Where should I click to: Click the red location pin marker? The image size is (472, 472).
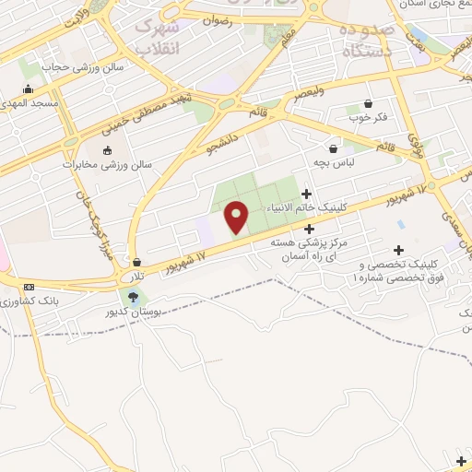(237, 216)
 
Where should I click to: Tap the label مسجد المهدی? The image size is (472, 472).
(30, 103)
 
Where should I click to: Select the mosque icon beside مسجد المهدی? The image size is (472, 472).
(29, 89)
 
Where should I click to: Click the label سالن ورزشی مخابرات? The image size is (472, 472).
(107, 164)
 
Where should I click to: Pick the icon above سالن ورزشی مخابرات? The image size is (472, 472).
(107, 150)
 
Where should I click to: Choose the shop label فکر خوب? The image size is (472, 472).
(368, 118)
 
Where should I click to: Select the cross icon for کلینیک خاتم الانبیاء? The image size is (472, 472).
(306, 194)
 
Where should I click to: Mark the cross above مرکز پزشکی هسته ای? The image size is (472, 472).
(309, 229)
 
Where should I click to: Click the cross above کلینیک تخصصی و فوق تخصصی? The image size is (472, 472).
(398, 249)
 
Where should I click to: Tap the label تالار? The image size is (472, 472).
(136, 277)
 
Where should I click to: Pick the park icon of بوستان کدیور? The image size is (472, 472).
(135, 297)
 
